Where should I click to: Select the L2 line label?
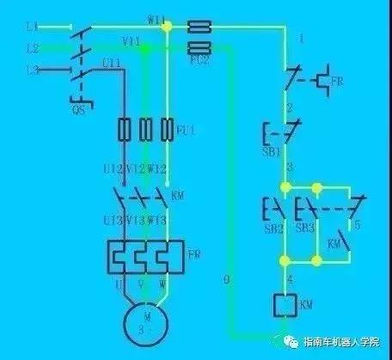(33, 47)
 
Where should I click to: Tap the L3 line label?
(33, 68)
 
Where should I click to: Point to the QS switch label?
(77, 109)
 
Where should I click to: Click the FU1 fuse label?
(185, 130)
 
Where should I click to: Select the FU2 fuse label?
(203, 62)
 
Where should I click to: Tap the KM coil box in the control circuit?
(285, 304)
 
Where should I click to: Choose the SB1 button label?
(271, 152)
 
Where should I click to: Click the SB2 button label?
(271, 230)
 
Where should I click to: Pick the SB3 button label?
(304, 230)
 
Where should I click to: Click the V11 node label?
(132, 41)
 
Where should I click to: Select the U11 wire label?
(111, 63)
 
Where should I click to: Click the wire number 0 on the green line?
(225, 279)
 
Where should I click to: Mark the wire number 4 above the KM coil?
(290, 280)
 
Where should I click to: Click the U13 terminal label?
(112, 221)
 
